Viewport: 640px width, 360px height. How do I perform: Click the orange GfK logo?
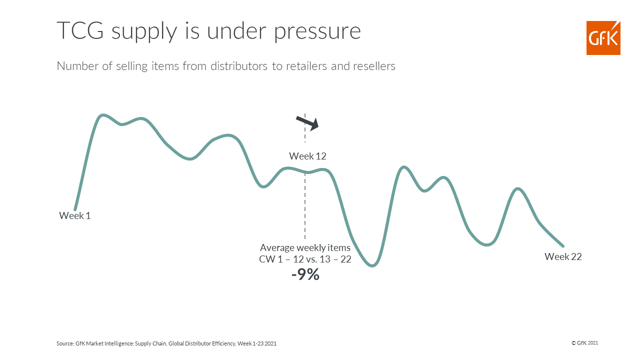[603, 37]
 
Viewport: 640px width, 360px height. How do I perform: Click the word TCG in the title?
[80, 30]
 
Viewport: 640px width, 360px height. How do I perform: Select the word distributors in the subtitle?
[239, 66]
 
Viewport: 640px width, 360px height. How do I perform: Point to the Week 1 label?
[75, 215]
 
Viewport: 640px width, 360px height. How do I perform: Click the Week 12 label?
[307, 156]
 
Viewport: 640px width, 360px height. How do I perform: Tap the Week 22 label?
[563, 256]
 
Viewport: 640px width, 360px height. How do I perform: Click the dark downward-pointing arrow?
[307, 123]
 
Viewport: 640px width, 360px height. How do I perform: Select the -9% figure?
[305, 274]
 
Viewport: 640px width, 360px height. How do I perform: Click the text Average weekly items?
[305, 247]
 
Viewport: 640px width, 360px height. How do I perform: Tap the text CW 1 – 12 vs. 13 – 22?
[305, 259]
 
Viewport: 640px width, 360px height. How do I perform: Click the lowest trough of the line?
[372, 265]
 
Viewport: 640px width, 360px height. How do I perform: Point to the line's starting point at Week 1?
[75, 209]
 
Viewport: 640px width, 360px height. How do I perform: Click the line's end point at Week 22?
[563, 245]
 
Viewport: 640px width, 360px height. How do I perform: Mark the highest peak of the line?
[102, 115]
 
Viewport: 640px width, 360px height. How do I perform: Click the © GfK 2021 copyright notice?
[584, 343]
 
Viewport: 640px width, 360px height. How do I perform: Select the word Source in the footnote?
[65, 343]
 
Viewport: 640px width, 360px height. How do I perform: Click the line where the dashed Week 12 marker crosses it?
[305, 172]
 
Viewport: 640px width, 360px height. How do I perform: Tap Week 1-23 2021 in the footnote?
[257, 343]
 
